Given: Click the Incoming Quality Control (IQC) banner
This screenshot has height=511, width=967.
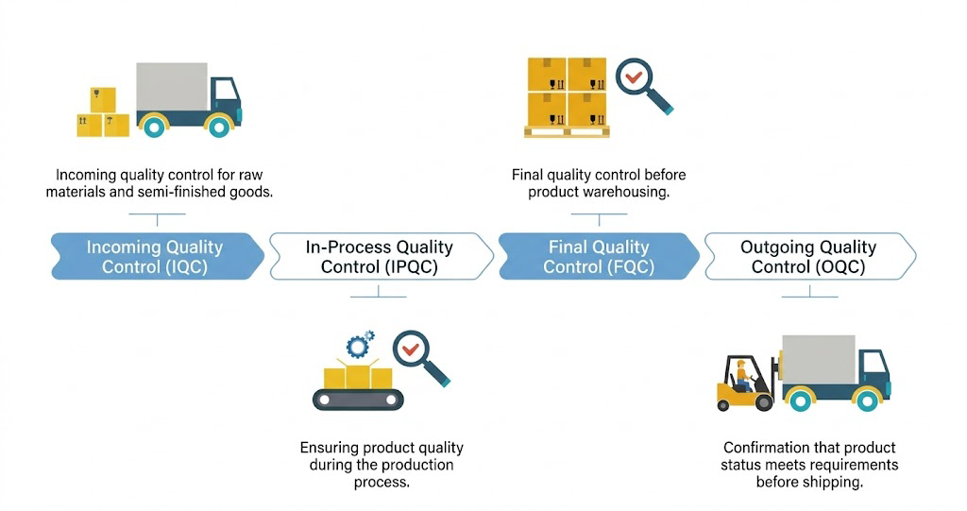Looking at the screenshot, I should tap(155, 256).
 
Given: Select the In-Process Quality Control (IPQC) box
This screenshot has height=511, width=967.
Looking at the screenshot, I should tap(380, 256).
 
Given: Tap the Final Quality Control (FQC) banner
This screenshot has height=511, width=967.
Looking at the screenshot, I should tap(598, 256).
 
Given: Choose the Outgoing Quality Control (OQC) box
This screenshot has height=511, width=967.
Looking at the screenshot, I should tap(807, 256).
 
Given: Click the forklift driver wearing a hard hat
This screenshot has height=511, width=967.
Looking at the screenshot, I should tap(743, 374).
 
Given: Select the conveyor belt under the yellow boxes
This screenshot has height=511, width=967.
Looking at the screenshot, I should tap(358, 399).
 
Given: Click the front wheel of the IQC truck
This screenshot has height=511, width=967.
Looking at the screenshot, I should tap(218, 125).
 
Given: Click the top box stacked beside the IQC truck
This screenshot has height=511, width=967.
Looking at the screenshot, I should tap(103, 99).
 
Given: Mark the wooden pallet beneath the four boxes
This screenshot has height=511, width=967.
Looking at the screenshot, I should tap(567, 131).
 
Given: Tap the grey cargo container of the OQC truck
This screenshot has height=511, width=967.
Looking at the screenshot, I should tap(818, 359).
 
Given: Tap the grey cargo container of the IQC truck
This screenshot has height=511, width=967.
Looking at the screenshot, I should tap(172, 87).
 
